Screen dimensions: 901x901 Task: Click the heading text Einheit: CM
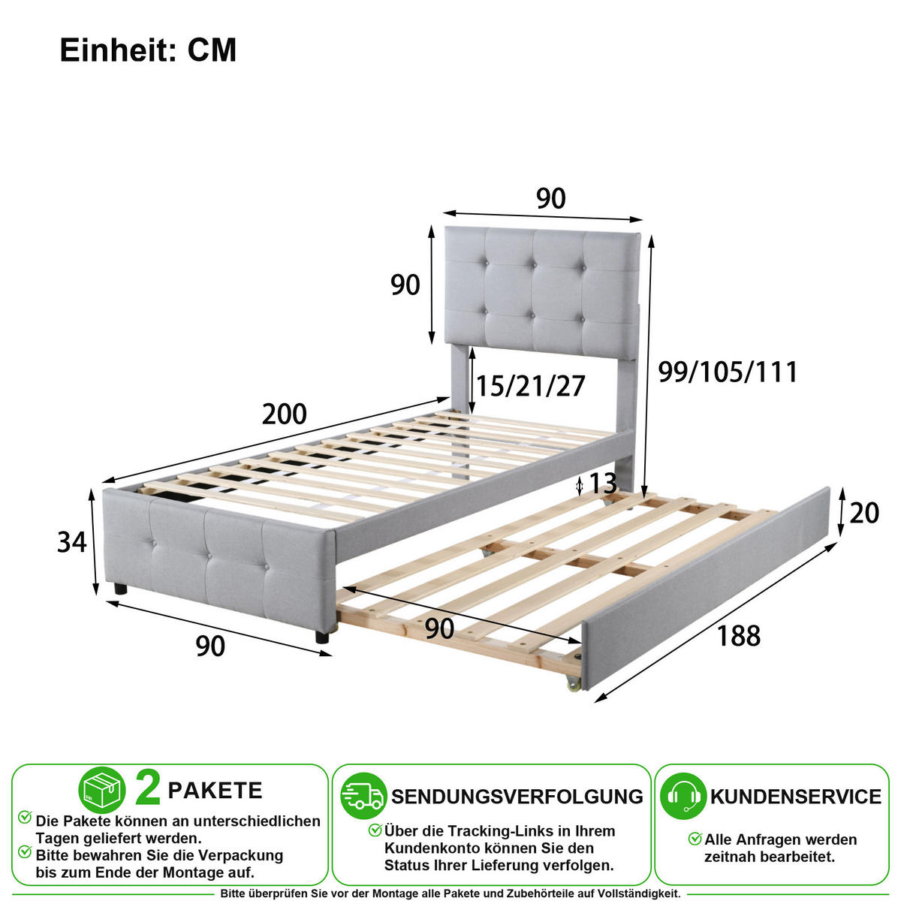pyautogui.click(x=148, y=50)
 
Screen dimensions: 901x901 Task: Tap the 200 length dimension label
pyautogui.click(x=285, y=414)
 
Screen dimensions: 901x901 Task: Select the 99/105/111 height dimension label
pyautogui.click(x=728, y=372)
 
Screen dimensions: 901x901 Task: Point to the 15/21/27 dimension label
pyautogui.click(x=531, y=386)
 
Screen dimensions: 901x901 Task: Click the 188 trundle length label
pyautogui.click(x=739, y=636)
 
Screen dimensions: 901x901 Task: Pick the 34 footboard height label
pyautogui.click(x=72, y=542)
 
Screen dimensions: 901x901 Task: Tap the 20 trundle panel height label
pyautogui.click(x=864, y=513)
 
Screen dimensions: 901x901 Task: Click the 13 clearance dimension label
pyautogui.click(x=603, y=484)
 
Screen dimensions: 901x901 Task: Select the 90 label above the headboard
pyautogui.click(x=551, y=198)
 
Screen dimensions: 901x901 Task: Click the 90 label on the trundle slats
pyautogui.click(x=439, y=629)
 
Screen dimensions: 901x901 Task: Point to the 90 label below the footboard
pyautogui.click(x=210, y=646)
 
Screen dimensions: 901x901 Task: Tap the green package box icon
pyautogui.click(x=102, y=790)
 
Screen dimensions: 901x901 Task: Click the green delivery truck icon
pyautogui.click(x=363, y=797)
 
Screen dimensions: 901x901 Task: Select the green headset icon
pyautogui.click(x=683, y=797)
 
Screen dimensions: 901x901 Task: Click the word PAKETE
pyautogui.click(x=215, y=791)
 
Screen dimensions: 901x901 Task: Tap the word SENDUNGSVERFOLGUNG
pyautogui.click(x=517, y=797)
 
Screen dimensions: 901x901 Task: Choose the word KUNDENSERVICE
pyautogui.click(x=796, y=797)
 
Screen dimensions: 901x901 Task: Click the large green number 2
pyautogui.click(x=148, y=789)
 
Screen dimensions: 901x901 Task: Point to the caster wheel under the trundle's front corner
pyautogui.click(x=574, y=684)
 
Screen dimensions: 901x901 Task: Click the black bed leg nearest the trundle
pyautogui.click(x=321, y=637)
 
